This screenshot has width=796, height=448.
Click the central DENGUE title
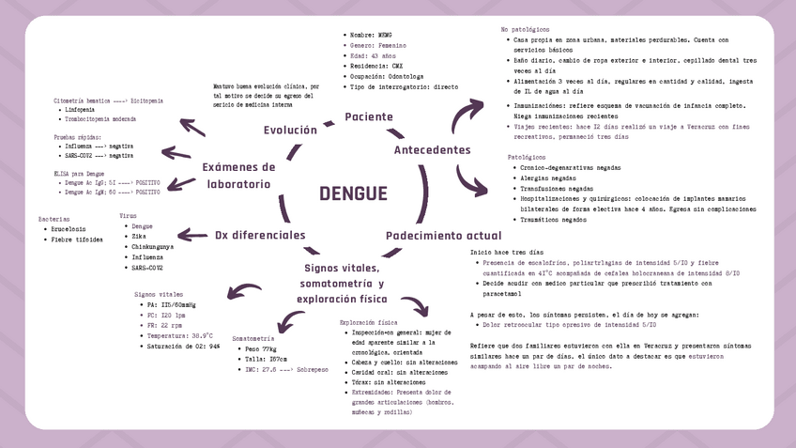[x=352, y=194]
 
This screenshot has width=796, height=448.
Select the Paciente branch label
[x=368, y=116]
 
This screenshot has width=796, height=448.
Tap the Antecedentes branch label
[x=432, y=150]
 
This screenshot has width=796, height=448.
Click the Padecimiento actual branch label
[x=443, y=236]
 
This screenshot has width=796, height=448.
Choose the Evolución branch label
[x=289, y=130]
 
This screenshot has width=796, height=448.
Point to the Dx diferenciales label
[x=260, y=235]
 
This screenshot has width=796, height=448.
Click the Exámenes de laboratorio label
[x=238, y=175]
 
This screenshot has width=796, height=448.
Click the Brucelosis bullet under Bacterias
[x=69, y=228]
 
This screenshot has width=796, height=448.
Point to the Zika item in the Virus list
[x=139, y=237]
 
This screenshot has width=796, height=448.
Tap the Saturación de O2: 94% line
[x=183, y=346]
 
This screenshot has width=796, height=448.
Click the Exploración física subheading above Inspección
[x=362, y=322]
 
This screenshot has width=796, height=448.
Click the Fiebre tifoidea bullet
[x=76, y=239]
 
